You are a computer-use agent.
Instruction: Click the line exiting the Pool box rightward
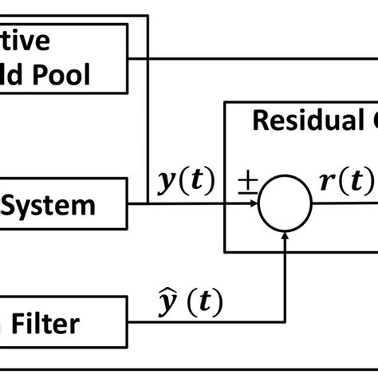point(239,58)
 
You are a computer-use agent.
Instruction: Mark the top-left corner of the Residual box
point(226,102)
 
